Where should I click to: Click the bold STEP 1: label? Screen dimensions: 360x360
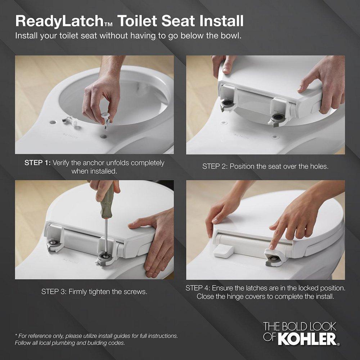(37, 163)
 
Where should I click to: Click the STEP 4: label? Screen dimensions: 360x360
(198, 288)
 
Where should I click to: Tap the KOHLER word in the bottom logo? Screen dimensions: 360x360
(309, 339)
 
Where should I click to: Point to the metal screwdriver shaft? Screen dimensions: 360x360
(106, 234)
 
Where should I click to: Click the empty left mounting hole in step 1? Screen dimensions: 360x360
(53, 122)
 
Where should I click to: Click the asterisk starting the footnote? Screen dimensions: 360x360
(16, 335)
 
